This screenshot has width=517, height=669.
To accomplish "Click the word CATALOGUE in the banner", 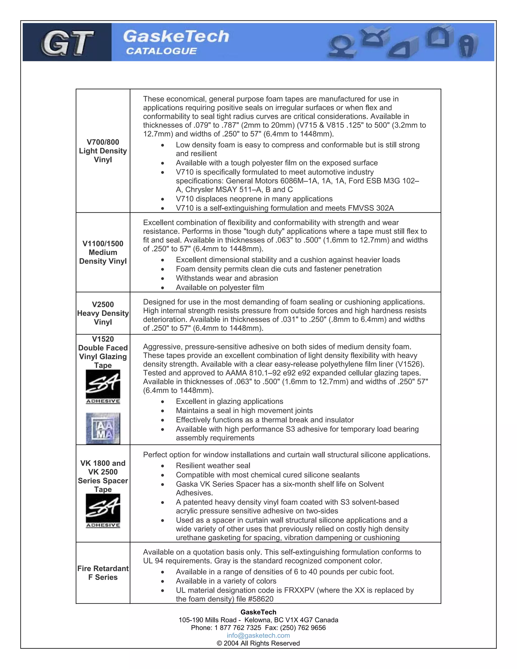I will pyautogui.click(x=161, y=51).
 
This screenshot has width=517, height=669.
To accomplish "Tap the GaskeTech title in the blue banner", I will pyautogui.click(x=176, y=36).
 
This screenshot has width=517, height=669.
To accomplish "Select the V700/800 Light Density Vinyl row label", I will pyautogui.click(x=103, y=151).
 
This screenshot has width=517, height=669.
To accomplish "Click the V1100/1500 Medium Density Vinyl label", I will pyautogui.click(x=103, y=252).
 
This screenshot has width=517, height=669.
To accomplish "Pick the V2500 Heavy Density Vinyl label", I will pyautogui.click(x=103, y=313).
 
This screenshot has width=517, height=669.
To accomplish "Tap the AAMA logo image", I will pyautogui.click(x=103, y=428).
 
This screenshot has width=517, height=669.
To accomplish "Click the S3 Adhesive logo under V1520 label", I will pyautogui.click(x=103, y=387).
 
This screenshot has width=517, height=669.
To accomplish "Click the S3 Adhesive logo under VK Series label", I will pyautogui.click(x=103, y=511).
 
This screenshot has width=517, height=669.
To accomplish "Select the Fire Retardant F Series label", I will pyautogui.click(x=103, y=573).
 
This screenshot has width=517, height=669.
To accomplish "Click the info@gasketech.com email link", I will pyautogui.click(x=258, y=636).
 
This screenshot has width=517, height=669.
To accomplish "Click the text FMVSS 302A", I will pyautogui.click(x=371, y=208).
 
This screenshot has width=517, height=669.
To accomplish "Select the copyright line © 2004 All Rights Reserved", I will pyautogui.click(x=258, y=643).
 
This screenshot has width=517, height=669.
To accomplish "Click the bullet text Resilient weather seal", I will pyautogui.click(x=213, y=466).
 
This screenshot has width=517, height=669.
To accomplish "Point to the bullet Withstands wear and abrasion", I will pyautogui.click(x=227, y=278).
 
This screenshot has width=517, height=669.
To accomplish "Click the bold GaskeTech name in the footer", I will pyautogui.click(x=258, y=612).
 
